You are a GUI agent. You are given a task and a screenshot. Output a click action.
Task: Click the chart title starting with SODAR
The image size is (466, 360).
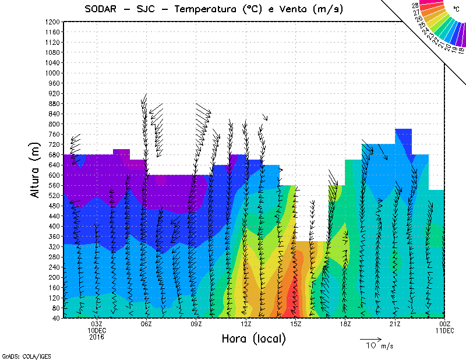click(213, 9)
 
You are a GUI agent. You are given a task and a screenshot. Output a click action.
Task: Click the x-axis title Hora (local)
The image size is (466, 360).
click(253, 338)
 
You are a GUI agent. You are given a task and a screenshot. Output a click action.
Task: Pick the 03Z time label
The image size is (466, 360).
click(97, 324)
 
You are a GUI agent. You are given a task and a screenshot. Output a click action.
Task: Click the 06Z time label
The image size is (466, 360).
click(146, 324)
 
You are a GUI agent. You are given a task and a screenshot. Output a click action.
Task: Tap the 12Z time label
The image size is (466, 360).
click(246, 324)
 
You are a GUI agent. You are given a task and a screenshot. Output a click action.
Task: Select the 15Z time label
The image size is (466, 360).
click(295, 324)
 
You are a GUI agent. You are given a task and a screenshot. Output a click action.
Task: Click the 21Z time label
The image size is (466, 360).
click(395, 324)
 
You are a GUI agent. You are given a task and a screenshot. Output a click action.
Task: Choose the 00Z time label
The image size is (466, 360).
click(445, 324)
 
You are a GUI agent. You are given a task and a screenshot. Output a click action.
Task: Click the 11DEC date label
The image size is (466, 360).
click(445, 330)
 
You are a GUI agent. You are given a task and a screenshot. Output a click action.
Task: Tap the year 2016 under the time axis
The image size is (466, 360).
click(97, 337)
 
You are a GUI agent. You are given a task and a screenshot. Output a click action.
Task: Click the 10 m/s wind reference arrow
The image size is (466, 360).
click(370, 338)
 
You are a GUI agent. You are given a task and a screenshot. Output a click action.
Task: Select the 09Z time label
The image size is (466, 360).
click(196, 324)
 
